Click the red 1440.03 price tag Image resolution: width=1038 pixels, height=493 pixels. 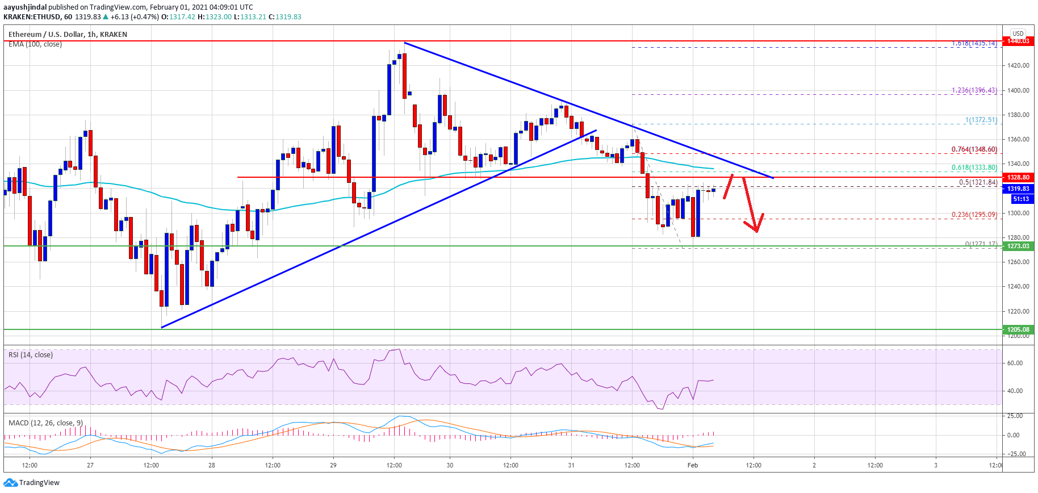coord(1018,41)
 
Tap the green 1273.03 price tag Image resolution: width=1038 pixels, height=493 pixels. coord(1018,246)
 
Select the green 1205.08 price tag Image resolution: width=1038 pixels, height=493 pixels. coord(1018,329)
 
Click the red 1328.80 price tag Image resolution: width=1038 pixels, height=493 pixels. coord(1018,177)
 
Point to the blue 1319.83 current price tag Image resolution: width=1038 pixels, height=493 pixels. coord(1018,189)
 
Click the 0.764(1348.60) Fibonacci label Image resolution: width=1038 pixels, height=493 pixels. coord(974,149)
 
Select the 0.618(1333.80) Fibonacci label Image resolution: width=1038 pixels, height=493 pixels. coord(974,168)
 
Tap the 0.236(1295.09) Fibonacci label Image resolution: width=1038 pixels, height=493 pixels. coord(974,215)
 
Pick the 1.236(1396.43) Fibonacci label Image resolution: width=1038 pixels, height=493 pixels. coord(974,90)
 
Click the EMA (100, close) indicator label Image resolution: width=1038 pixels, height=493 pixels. coord(35,44)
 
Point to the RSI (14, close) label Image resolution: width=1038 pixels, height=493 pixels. coord(31,355)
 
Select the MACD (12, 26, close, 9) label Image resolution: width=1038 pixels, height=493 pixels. coord(45,423)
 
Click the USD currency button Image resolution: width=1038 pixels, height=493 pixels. coord(1018,34)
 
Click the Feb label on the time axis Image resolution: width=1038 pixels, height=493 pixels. coord(693,465)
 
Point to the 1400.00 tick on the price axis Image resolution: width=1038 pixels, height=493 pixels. coord(1018,90)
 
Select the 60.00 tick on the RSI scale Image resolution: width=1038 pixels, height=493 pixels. coord(1015,363)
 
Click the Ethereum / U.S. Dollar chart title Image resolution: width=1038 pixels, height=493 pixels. coord(68,35)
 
